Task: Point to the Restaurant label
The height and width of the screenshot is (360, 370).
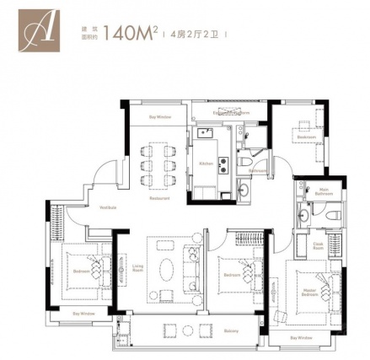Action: [x=159, y=199]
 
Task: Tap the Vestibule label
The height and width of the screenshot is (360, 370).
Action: [x=108, y=207]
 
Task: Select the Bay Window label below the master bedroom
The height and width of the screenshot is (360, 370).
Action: [x=301, y=337]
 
